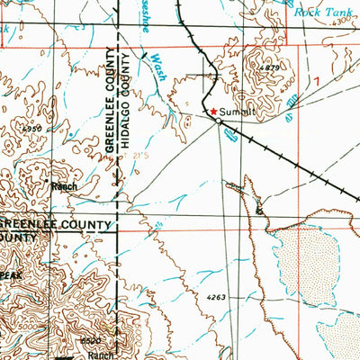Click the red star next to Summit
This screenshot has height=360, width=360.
pyautogui.click(x=213, y=111)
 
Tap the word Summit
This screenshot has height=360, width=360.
pyautogui.click(x=236, y=111)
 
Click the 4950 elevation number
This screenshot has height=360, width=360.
pyautogui.click(x=32, y=130)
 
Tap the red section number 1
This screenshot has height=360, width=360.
pyautogui.click(x=316, y=81)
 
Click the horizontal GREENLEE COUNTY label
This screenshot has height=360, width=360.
pyautogui.click(x=55, y=223)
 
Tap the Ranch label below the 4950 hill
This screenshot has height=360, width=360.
pyautogui.click(x=64, y=186)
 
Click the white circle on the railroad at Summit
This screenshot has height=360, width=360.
pyautogui.click(x=218, y=120)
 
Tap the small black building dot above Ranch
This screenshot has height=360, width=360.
pyautogui.click(x=47, y=179)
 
